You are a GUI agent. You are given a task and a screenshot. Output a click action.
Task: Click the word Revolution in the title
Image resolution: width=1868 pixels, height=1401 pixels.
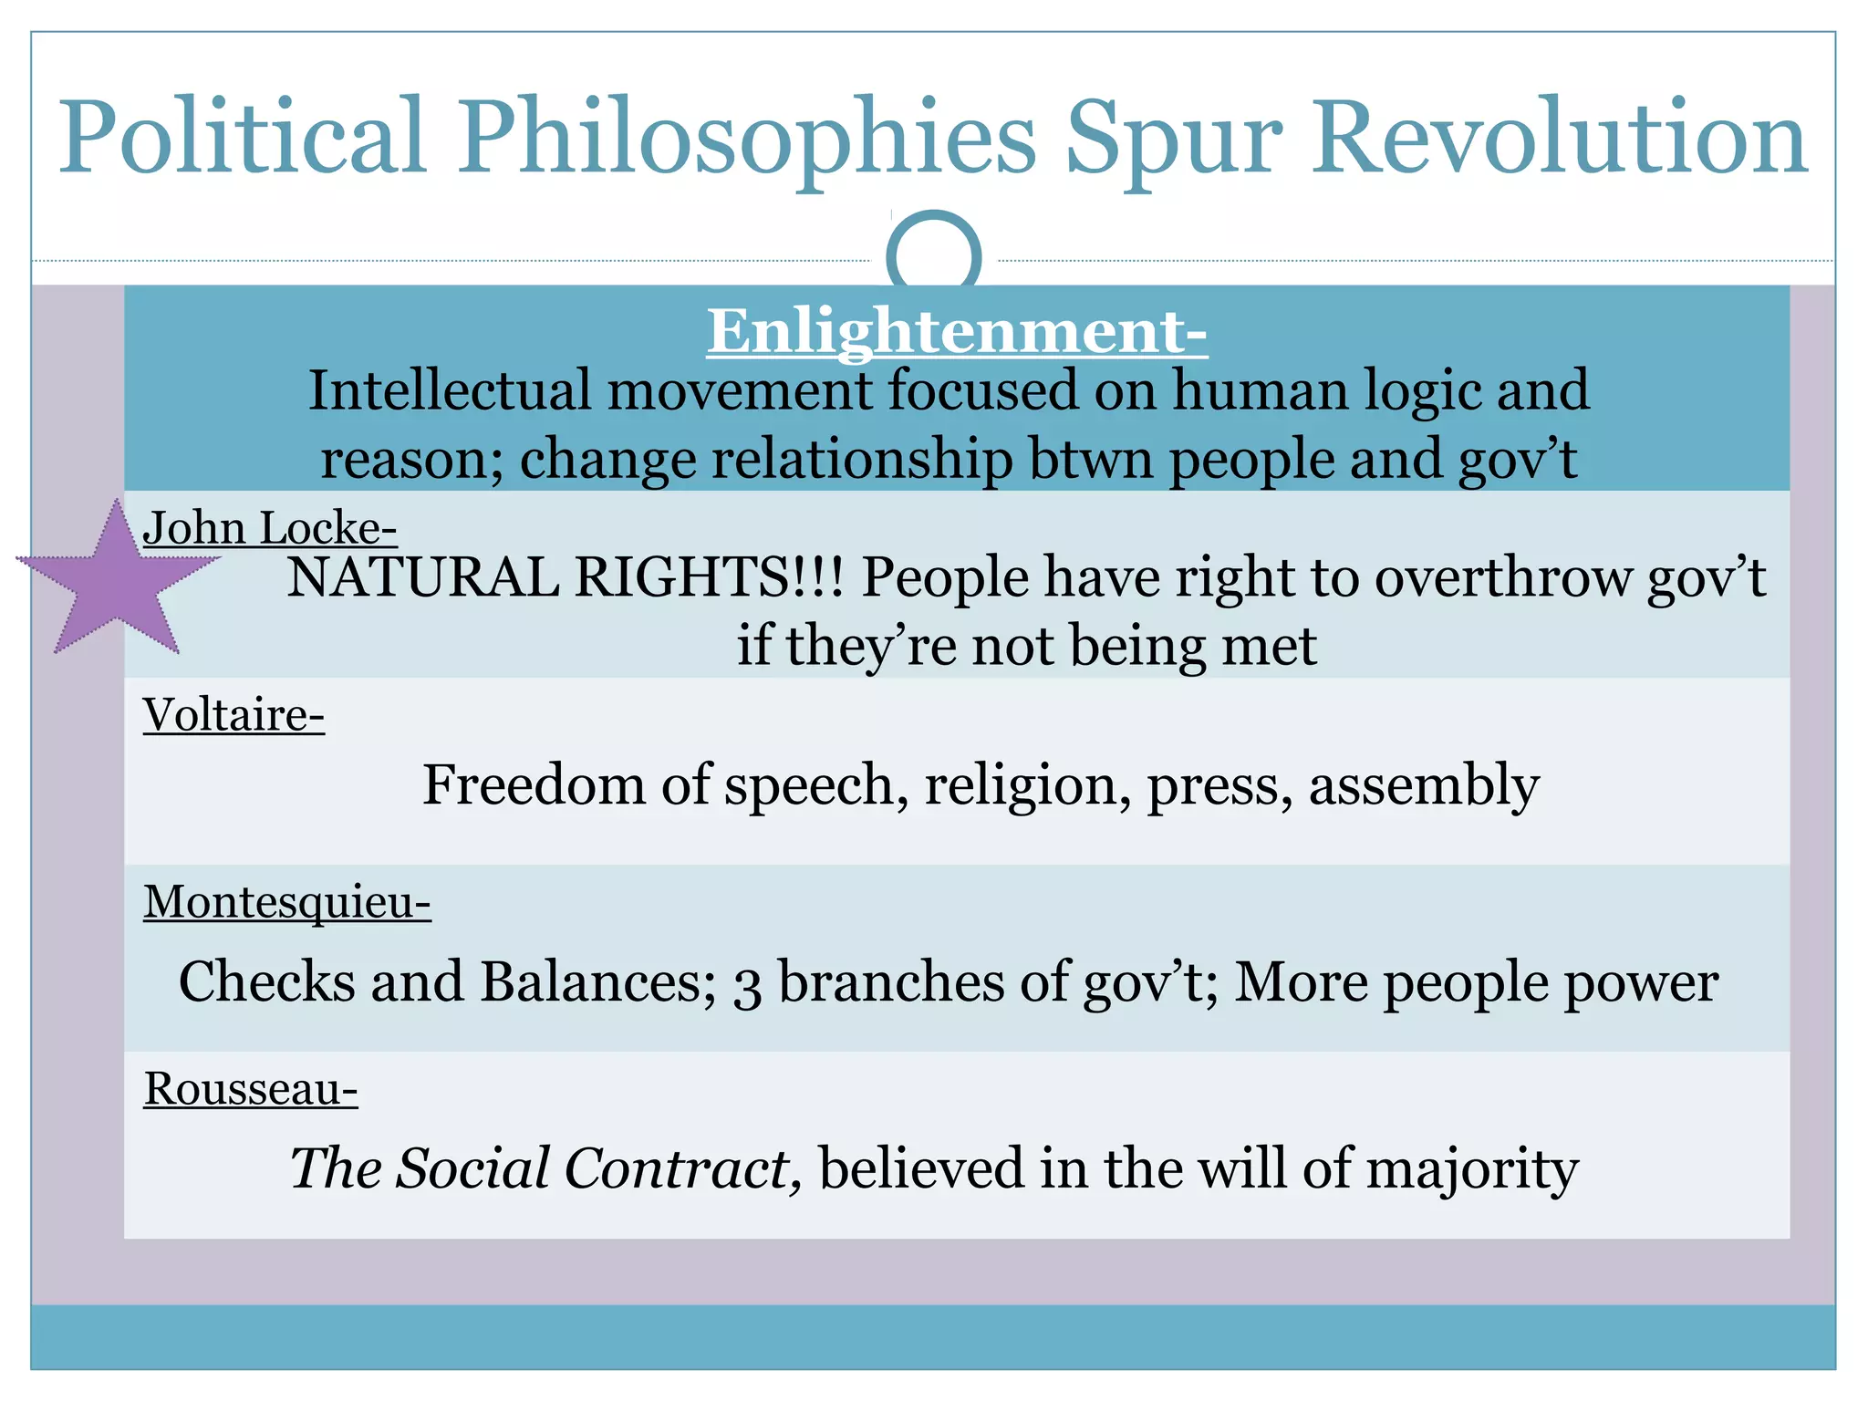point(1559,137)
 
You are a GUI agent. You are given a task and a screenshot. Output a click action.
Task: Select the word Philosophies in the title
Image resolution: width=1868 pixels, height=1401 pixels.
point(747,137)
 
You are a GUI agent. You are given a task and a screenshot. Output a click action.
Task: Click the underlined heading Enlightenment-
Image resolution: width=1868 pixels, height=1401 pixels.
point(957,331)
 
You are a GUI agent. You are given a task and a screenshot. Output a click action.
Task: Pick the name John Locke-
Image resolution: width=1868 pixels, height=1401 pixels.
point(269,528)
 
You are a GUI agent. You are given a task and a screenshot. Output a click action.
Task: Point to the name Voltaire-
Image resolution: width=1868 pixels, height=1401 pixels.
point(233,715)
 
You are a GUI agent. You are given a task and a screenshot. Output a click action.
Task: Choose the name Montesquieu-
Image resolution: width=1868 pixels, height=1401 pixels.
point(286,902)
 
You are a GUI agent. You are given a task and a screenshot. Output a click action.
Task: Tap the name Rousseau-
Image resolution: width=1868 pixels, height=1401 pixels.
point(250,1089)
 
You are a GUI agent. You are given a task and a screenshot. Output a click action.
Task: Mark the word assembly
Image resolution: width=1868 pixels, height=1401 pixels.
point(1424,785)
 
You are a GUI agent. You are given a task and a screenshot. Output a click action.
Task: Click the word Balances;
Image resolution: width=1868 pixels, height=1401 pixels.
point(598,982)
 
